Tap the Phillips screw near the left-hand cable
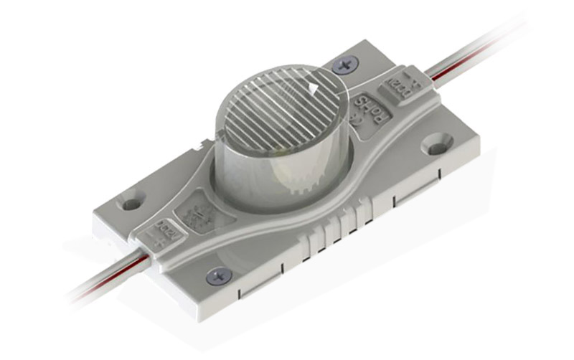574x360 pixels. click(x=217, y=274)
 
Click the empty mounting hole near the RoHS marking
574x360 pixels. click(x=436, y=147)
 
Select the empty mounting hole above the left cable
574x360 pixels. click(x=130, y=204)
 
